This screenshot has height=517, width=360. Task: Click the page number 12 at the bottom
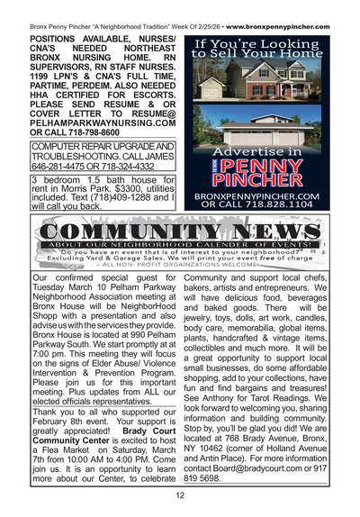click(x=180, y=494)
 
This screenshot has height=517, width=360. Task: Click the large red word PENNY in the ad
click(x=270, y=168)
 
